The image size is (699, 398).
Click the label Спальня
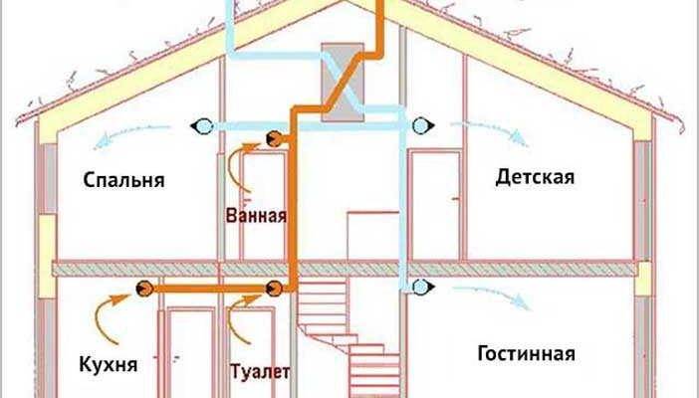124,181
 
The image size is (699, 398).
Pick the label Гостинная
527,354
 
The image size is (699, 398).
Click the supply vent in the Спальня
202,126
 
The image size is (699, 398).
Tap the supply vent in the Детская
423,125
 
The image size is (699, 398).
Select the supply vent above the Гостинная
422,288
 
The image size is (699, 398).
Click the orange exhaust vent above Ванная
272,140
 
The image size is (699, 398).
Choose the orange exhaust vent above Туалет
272,290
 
